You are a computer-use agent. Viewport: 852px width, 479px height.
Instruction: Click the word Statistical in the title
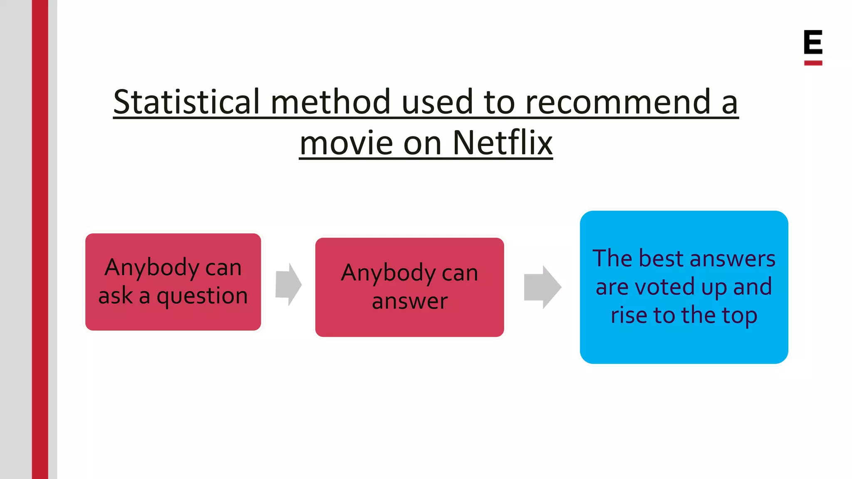(186, 102)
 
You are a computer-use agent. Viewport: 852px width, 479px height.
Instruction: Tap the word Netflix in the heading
(503, 143)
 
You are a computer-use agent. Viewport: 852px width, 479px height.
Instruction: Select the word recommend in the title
(618, 102)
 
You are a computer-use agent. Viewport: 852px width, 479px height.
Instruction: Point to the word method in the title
(331, 102)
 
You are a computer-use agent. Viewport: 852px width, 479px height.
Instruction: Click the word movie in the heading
(346, 143)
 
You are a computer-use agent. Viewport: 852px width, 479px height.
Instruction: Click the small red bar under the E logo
(813, 63)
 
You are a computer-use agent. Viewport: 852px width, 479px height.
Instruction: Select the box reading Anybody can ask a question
(173, 281)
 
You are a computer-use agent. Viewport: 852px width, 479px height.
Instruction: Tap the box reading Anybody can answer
(409, 287)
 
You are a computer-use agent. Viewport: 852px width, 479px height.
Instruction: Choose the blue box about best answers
(684, 287)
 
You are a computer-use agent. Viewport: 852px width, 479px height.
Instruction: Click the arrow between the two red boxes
(288, 284)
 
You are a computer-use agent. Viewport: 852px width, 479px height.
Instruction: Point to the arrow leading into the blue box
(542, 287)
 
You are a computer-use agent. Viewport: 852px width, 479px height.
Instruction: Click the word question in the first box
(202, 296)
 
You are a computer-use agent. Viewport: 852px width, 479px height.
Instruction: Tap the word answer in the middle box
(410, 301)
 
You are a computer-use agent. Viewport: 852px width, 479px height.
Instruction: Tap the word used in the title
(437, 102)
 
